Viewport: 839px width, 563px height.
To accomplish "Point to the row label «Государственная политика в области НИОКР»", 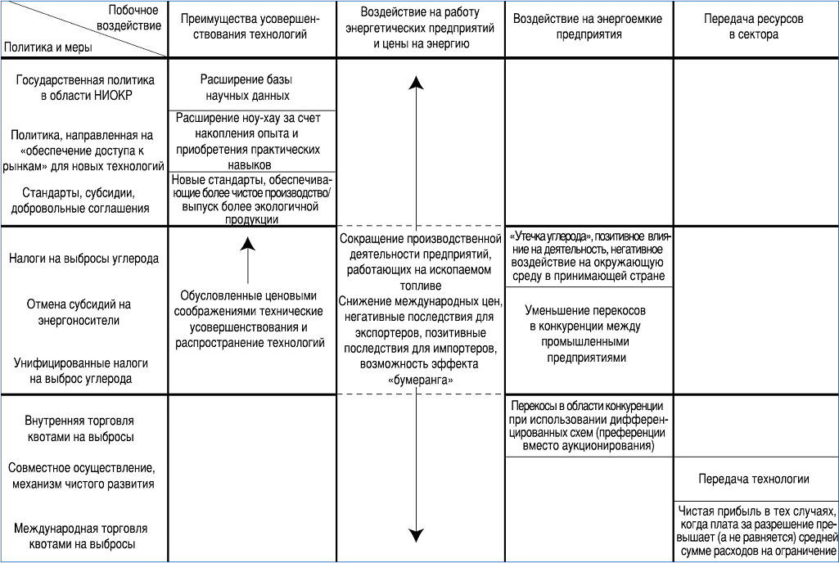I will (x=86, y=88).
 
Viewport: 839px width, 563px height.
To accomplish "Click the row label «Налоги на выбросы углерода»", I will (x=83, y=258).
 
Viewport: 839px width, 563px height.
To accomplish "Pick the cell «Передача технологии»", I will (x=754, y=480).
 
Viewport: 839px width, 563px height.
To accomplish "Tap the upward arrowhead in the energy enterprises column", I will (x=417, y=82).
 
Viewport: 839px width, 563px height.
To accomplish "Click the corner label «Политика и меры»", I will (x=48, y=47).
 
